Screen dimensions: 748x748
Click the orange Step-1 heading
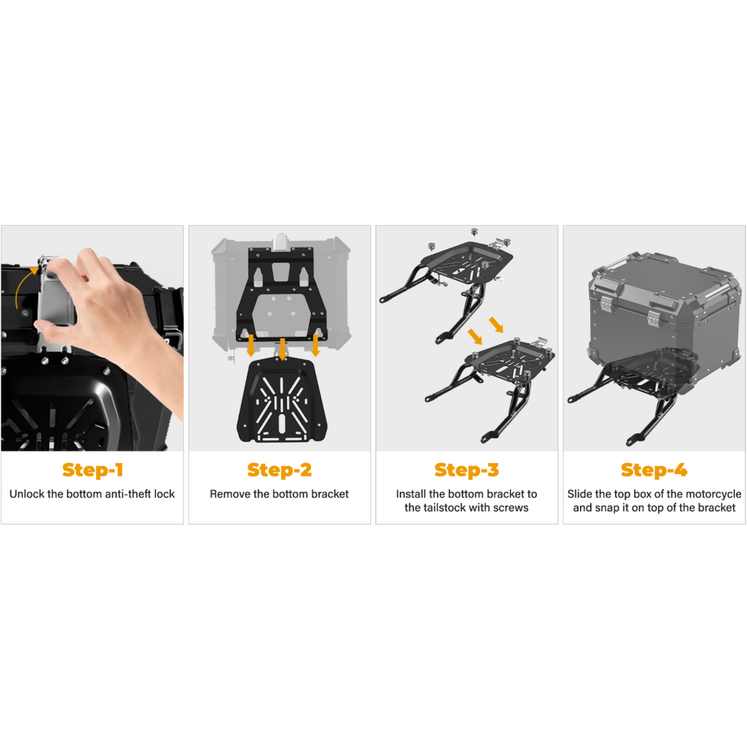tap(93, 470)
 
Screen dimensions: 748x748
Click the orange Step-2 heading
tap(280, 470)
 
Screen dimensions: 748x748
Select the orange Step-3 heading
tap(467, 470)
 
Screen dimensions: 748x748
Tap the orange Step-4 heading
tap(654, 470)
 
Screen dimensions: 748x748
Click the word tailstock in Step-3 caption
tap(447, 508)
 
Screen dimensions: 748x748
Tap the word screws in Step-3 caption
tap(511, 508)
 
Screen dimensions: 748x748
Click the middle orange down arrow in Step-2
tap(283, 349)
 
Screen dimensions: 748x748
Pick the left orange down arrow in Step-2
tap(251, 346)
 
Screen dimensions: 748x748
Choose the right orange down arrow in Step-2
tap(316, 346)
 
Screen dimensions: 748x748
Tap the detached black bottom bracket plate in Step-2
tap(283, 401)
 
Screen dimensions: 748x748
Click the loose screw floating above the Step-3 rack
tap(474, 232)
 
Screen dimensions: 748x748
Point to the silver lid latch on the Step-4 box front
tap(654, 318)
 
